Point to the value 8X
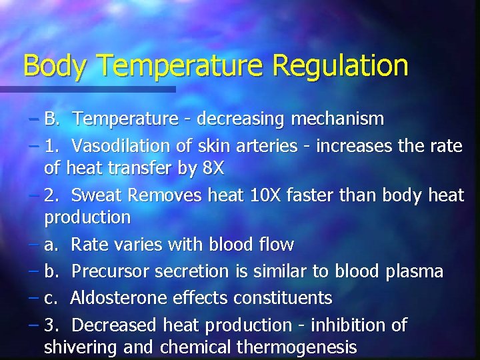213,169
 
